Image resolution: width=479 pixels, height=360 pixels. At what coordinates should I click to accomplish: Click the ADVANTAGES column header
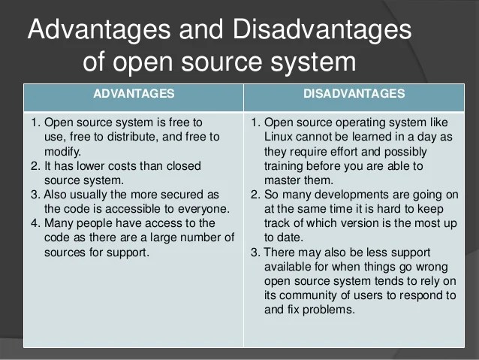[134, 94]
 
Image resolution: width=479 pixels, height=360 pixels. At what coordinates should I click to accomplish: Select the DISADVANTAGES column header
[354, 94]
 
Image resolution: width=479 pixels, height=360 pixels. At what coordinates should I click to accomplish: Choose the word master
[282, 180]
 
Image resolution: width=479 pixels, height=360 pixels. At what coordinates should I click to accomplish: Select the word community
[307, 295]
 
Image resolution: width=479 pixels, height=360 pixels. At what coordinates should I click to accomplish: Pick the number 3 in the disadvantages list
[255, 252]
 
